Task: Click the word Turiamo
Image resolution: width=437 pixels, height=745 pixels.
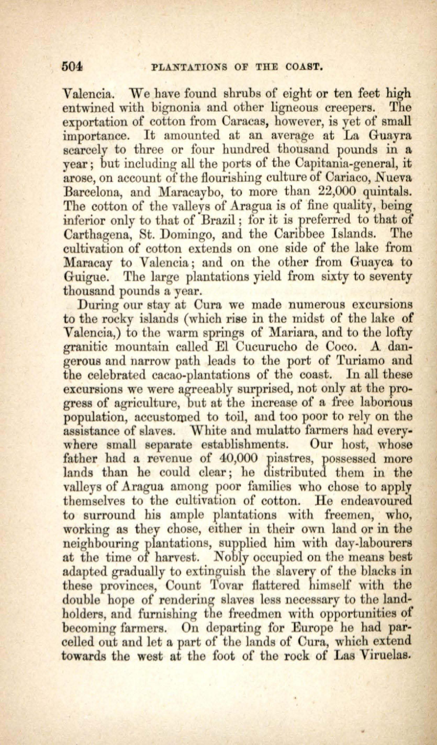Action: pos(362,361)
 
